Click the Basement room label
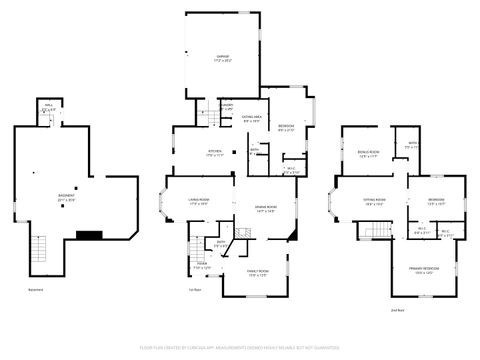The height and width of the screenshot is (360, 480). pyautogui.click(x=66, y=197)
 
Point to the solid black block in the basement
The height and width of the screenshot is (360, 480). pyautogui.click(x=90, y=236)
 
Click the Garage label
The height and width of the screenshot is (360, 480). pyautogui.click(x=224, y=58)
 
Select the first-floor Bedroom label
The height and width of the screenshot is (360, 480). pyautogui.click(x=285, y=126)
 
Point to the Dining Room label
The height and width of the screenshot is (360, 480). pyautogui.click(x=265, y=208)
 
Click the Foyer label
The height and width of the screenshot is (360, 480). pyautogui.click(x=201, y=266)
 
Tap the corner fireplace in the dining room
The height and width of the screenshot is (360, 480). pyautogui.click(x=291, y=235)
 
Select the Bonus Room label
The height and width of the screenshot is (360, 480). pyautogui.click(x=367, y=155)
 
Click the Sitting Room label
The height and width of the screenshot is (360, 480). pyautogui.click(x=375, y=201)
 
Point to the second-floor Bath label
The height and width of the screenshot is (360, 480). pyautogui.click(x=411, y=146)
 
